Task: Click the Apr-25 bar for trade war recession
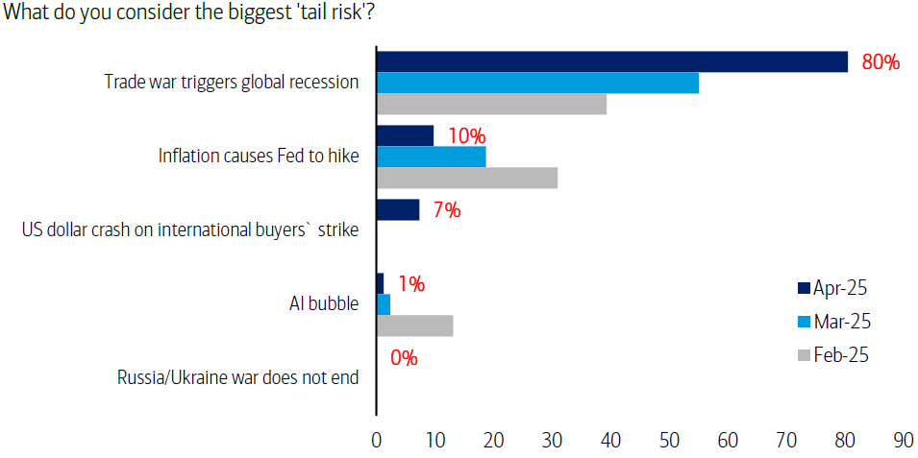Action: click(x=611, y=61)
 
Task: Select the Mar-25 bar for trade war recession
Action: click(x=536, y=83)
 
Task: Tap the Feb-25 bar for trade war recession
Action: click(x=490, y=104)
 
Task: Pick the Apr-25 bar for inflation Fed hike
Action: click(x=405, y=135)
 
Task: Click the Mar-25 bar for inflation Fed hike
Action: click(x=431, y=157)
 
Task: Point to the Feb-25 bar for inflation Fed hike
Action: click(x=466, y=178)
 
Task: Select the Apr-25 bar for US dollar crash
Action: click(x=398, y=209)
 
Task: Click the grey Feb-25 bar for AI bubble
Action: click(x=414, y=325)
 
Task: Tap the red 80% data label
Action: click(x=881, y=63)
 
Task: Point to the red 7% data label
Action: click(x=446, y=210)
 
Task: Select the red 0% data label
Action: click(x=404, y=358)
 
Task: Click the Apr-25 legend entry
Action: click(x=832, y=287)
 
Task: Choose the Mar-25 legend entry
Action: click(x=832, y=321)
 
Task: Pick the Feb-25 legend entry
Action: click(x=832, y=355)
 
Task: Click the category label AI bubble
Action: click(x=324, y=304)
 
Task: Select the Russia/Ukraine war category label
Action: click(x=237, y=377)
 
